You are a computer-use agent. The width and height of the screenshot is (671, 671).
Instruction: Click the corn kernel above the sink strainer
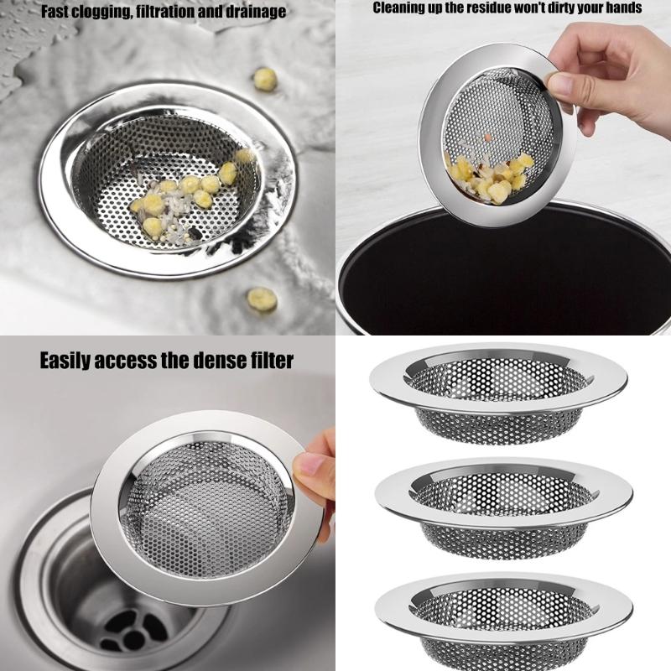tap(265, 79)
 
